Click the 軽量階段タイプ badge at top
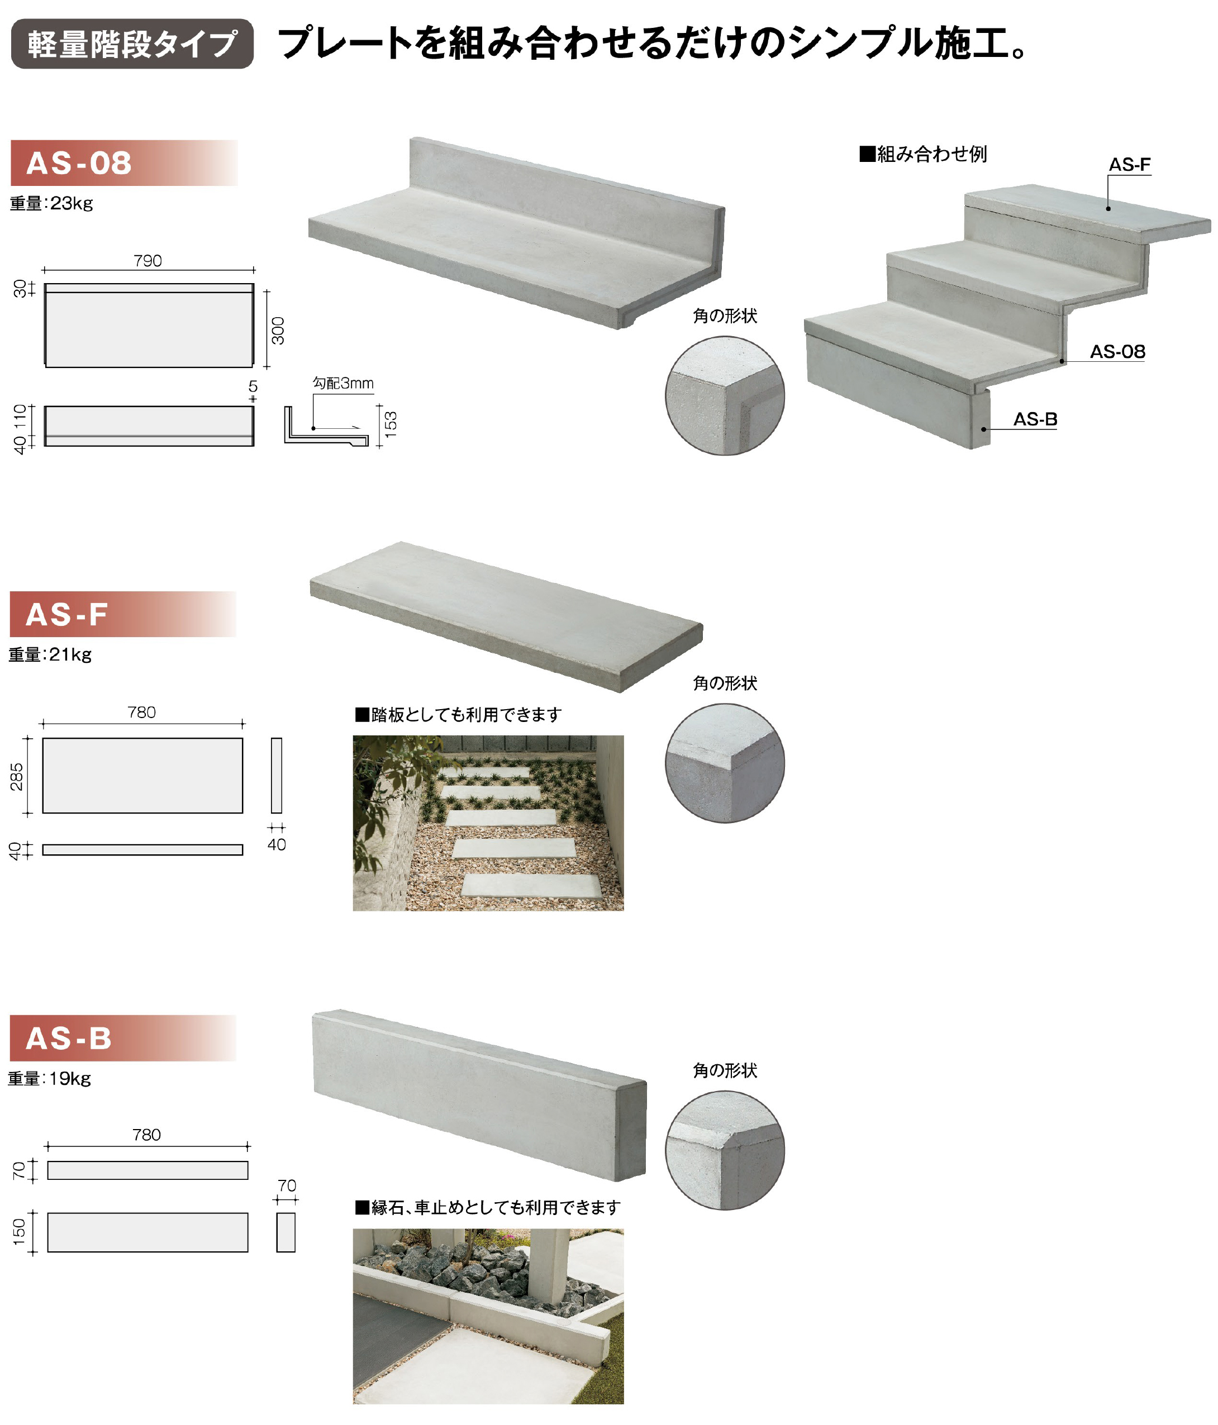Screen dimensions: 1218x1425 pos(132,44)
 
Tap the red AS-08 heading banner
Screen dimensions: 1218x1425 pos(124,163)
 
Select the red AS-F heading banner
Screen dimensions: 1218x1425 pos(122,614)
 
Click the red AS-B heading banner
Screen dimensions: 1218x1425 pos(122,1038)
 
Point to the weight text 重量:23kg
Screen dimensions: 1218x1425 pos(51,204)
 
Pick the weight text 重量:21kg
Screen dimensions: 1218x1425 pos(50,655)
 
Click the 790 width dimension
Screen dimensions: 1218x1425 pos(148,261)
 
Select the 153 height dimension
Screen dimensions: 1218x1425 pos(390,424)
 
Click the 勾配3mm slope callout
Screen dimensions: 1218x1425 pos(344,383)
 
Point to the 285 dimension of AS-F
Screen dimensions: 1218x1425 pos(17,777)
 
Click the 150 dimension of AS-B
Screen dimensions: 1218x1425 pos(18,1232)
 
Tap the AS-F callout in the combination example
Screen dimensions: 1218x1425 pos(1129,164)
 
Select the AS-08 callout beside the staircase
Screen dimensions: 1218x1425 pos(1117,351)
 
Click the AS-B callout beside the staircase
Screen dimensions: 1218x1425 pos(1035,419)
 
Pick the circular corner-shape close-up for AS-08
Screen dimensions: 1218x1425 pos(725,395)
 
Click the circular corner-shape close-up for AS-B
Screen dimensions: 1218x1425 pos(725,1150)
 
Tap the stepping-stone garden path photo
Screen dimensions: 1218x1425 pos(488,823)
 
